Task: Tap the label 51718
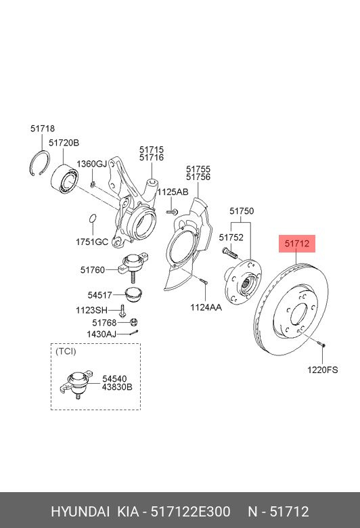[43, 129]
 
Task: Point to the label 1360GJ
[91, 164]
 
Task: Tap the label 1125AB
[173, 192]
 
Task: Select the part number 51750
[242, 211]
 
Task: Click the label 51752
[231, 238]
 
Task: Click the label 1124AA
[206, 307]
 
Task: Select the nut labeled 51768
[134, 322]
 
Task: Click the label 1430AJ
[102, 334]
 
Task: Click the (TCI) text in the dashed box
[66, 351]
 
